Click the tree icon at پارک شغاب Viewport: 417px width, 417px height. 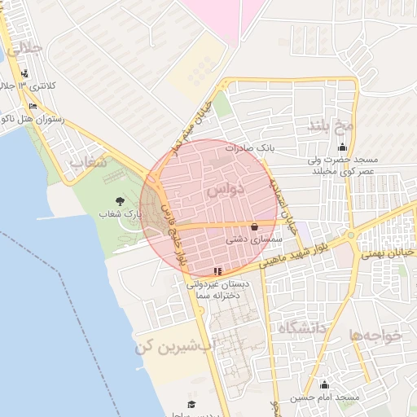(x=121, y=200)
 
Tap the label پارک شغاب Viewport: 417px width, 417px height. (x=121, y=213)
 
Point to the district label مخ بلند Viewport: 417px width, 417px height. (x=331, y=125)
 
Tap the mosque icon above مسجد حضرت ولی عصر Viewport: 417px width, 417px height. (x=342, y=147)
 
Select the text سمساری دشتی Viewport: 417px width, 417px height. (x=256, y=240)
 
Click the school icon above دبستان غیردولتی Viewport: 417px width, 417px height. (x=217, y=270)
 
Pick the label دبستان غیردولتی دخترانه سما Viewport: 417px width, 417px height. (x=218, y=291)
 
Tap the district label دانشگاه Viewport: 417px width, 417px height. (x=301, y=328)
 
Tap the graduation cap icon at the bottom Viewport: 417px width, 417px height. (x=191, y=404)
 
